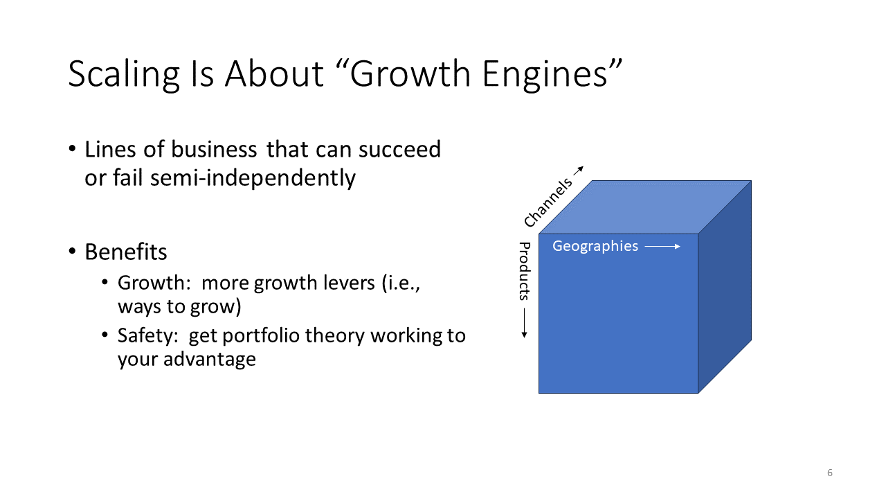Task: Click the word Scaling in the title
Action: coord(124,74)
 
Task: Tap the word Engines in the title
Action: coord(545,74)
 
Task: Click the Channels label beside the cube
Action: coord(548,202)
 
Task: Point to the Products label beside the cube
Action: coord(524,271)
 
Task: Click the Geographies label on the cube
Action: coord(595,246)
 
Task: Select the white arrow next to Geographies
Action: coord(662,246)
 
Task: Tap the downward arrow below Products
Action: coord(524,323)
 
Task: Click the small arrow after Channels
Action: coord(579,170)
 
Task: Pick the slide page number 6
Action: coord(830,473)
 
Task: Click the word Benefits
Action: coord(126,252)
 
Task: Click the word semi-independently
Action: coord(253,178)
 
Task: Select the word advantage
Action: coord(210,360)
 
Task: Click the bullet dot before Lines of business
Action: coord(72,149)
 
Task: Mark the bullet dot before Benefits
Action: coord(72,252)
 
